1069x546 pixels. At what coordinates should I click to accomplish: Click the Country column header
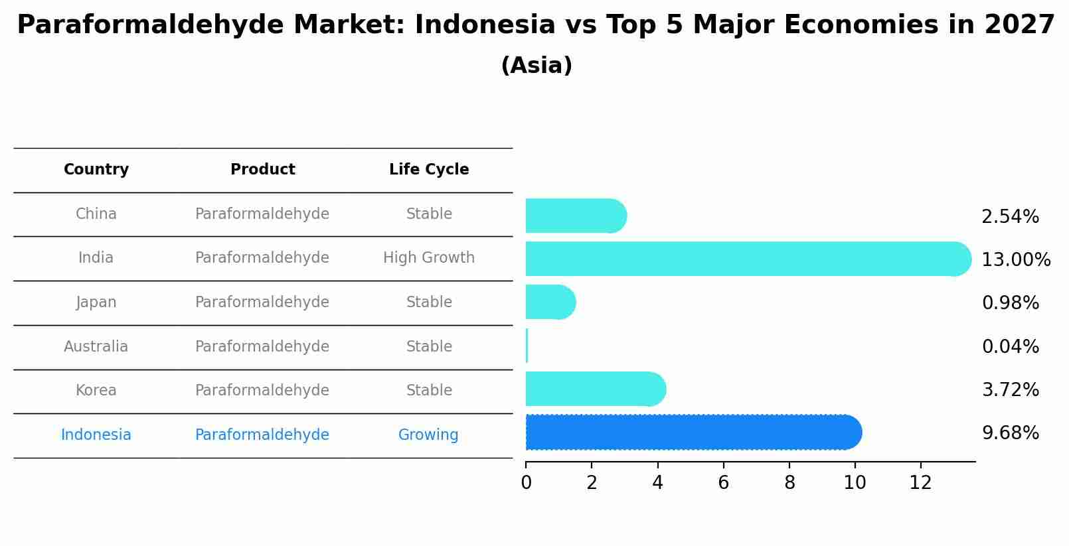click(x=96, y=170)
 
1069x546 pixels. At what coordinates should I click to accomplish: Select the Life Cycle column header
click(x=429, y=170)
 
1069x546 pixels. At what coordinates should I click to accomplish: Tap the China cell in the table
click(x=96, y=214)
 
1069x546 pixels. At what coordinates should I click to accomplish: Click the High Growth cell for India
click(x=429, y=258)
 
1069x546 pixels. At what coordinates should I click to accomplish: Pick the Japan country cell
click(x=96, y=303)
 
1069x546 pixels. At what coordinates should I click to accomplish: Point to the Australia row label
click(x=96, y=347)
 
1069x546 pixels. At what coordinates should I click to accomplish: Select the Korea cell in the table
click(x=96, y=391)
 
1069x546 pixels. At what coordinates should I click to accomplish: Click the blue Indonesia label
click(x=96, y=435)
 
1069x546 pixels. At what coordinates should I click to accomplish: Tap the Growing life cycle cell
click(x=428, y=435)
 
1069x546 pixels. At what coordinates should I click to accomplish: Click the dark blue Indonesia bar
click(x=691, y=433)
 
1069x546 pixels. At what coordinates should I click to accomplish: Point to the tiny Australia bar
click(x=527, y=346)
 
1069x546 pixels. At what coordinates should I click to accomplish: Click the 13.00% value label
click(x=1016, y=260)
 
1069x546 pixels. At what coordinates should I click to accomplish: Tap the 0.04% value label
click(x=1010, y=347)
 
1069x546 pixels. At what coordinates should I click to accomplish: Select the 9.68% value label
click(x=1010, y=433)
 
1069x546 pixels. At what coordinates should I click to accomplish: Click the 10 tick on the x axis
click(x=855, y=483)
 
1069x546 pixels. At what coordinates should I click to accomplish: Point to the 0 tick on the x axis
click(x=527, y=483)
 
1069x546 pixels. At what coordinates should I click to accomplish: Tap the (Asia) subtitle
click(x=536, y=66)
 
